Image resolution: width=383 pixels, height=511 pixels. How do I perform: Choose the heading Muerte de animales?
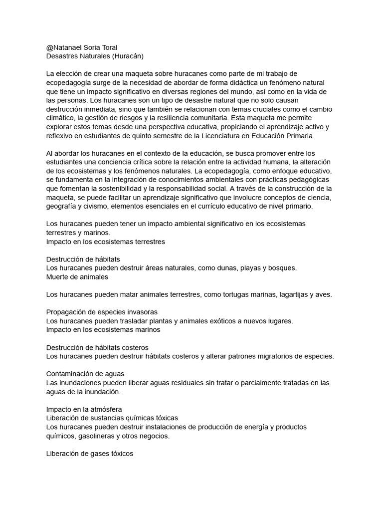(x=77, y=276)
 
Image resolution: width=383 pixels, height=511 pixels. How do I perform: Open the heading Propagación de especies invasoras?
(x=102, y=312)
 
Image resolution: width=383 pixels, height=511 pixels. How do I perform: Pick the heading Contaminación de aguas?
(x=85, y=374)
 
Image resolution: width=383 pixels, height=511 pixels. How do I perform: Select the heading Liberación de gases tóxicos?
(x=90, y=454)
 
